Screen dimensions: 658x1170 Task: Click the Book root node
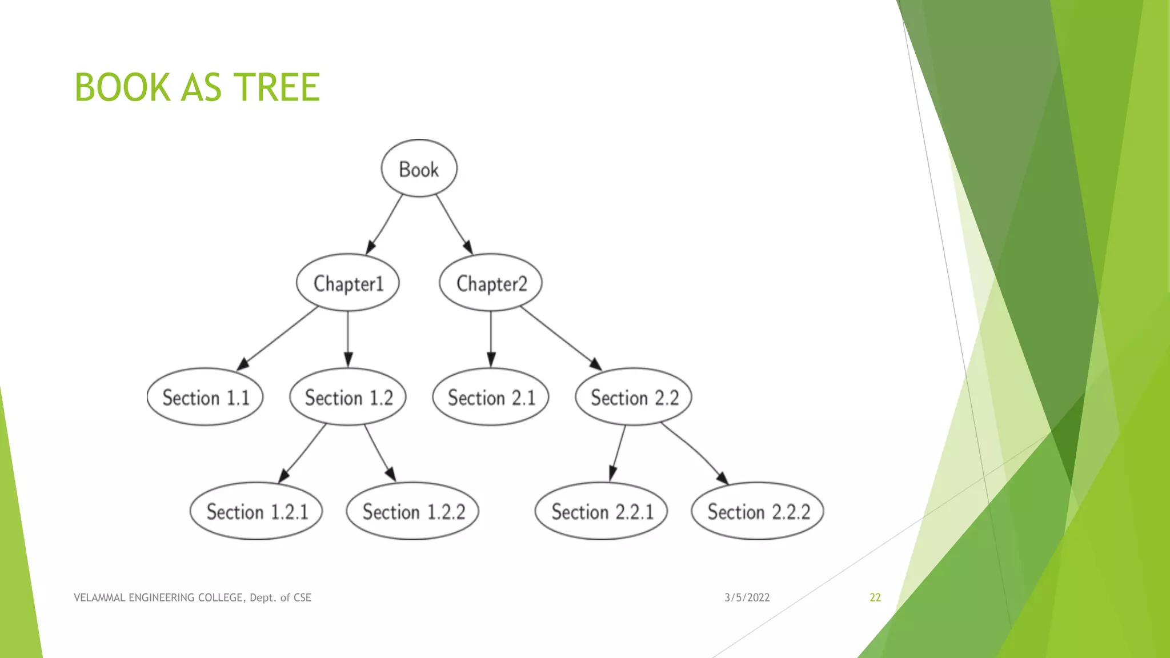(419, 168)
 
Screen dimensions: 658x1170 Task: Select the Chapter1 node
(348, 283)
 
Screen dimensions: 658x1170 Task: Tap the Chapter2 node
(491, 283)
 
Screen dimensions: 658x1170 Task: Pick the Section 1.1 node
(206, 397)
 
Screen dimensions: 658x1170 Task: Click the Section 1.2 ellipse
(348, 397)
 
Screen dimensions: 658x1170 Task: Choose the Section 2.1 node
(491, 397)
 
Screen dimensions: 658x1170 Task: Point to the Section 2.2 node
(634, 397)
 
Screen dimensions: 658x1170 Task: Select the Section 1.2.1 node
(257, 511)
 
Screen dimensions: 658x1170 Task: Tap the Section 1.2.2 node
(413, 511)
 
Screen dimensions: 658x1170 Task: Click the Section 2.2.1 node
(602, 511)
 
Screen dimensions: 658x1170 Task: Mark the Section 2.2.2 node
(758, 511)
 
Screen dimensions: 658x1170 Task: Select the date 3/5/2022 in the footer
(747, 597)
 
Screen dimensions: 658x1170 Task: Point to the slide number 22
(875, 597)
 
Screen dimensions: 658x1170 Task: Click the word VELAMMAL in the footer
(99, 597)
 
